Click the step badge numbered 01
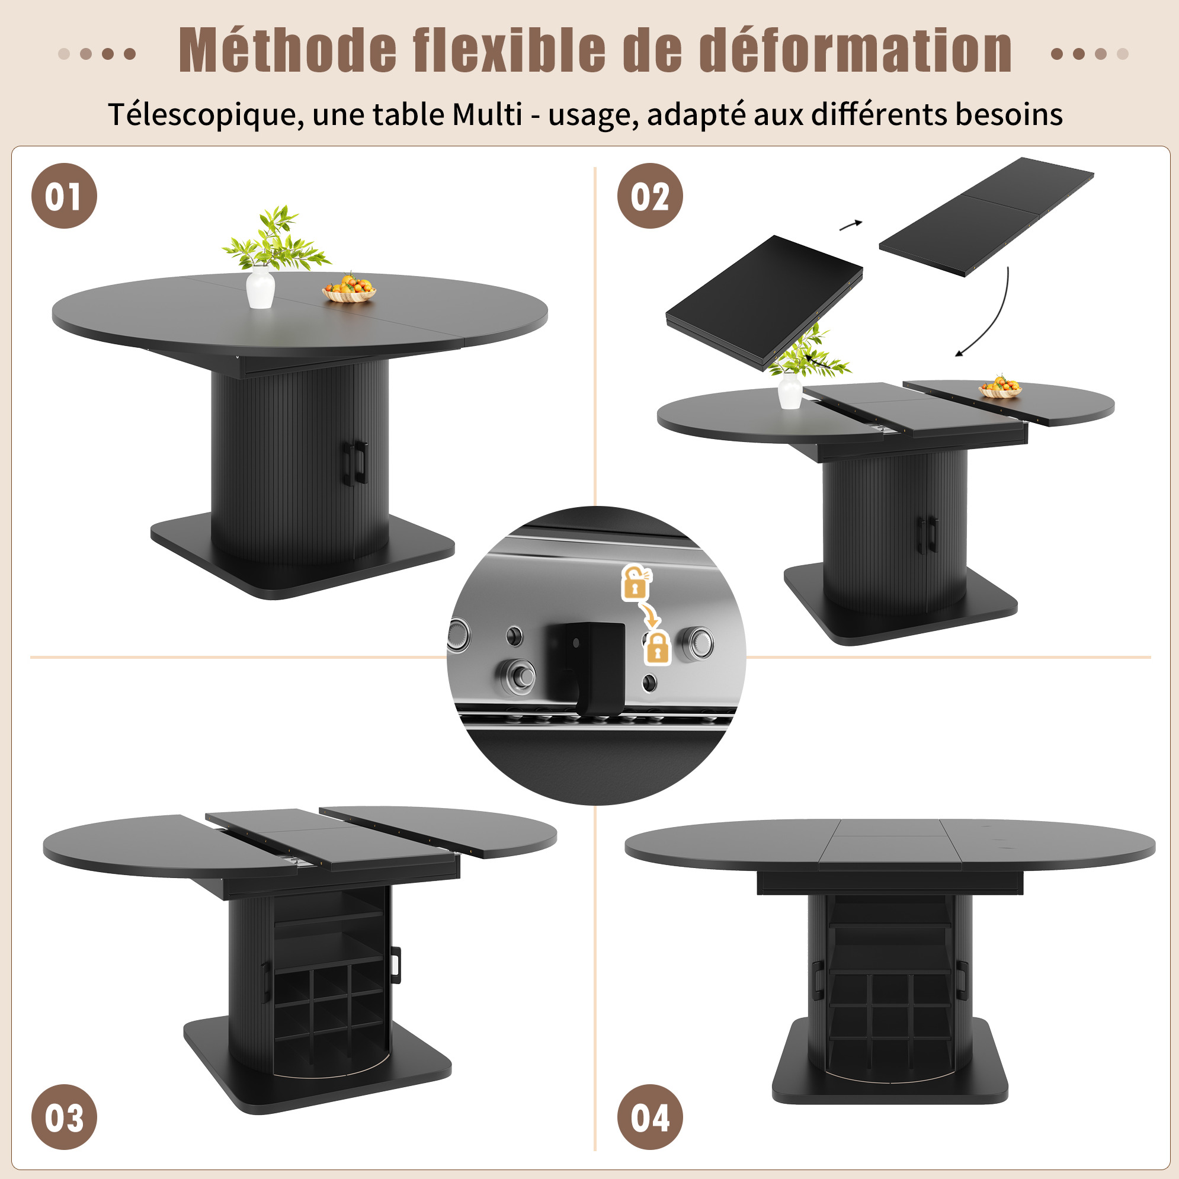pos(64,196)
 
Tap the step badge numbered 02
pos(650,196)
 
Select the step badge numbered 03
pos(64,1117)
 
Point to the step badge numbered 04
pos(650,1117)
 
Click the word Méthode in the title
pos(287,52)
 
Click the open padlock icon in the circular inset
pos(636,582)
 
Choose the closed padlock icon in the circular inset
pos(657,648)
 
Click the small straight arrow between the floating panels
pos(851,225)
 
